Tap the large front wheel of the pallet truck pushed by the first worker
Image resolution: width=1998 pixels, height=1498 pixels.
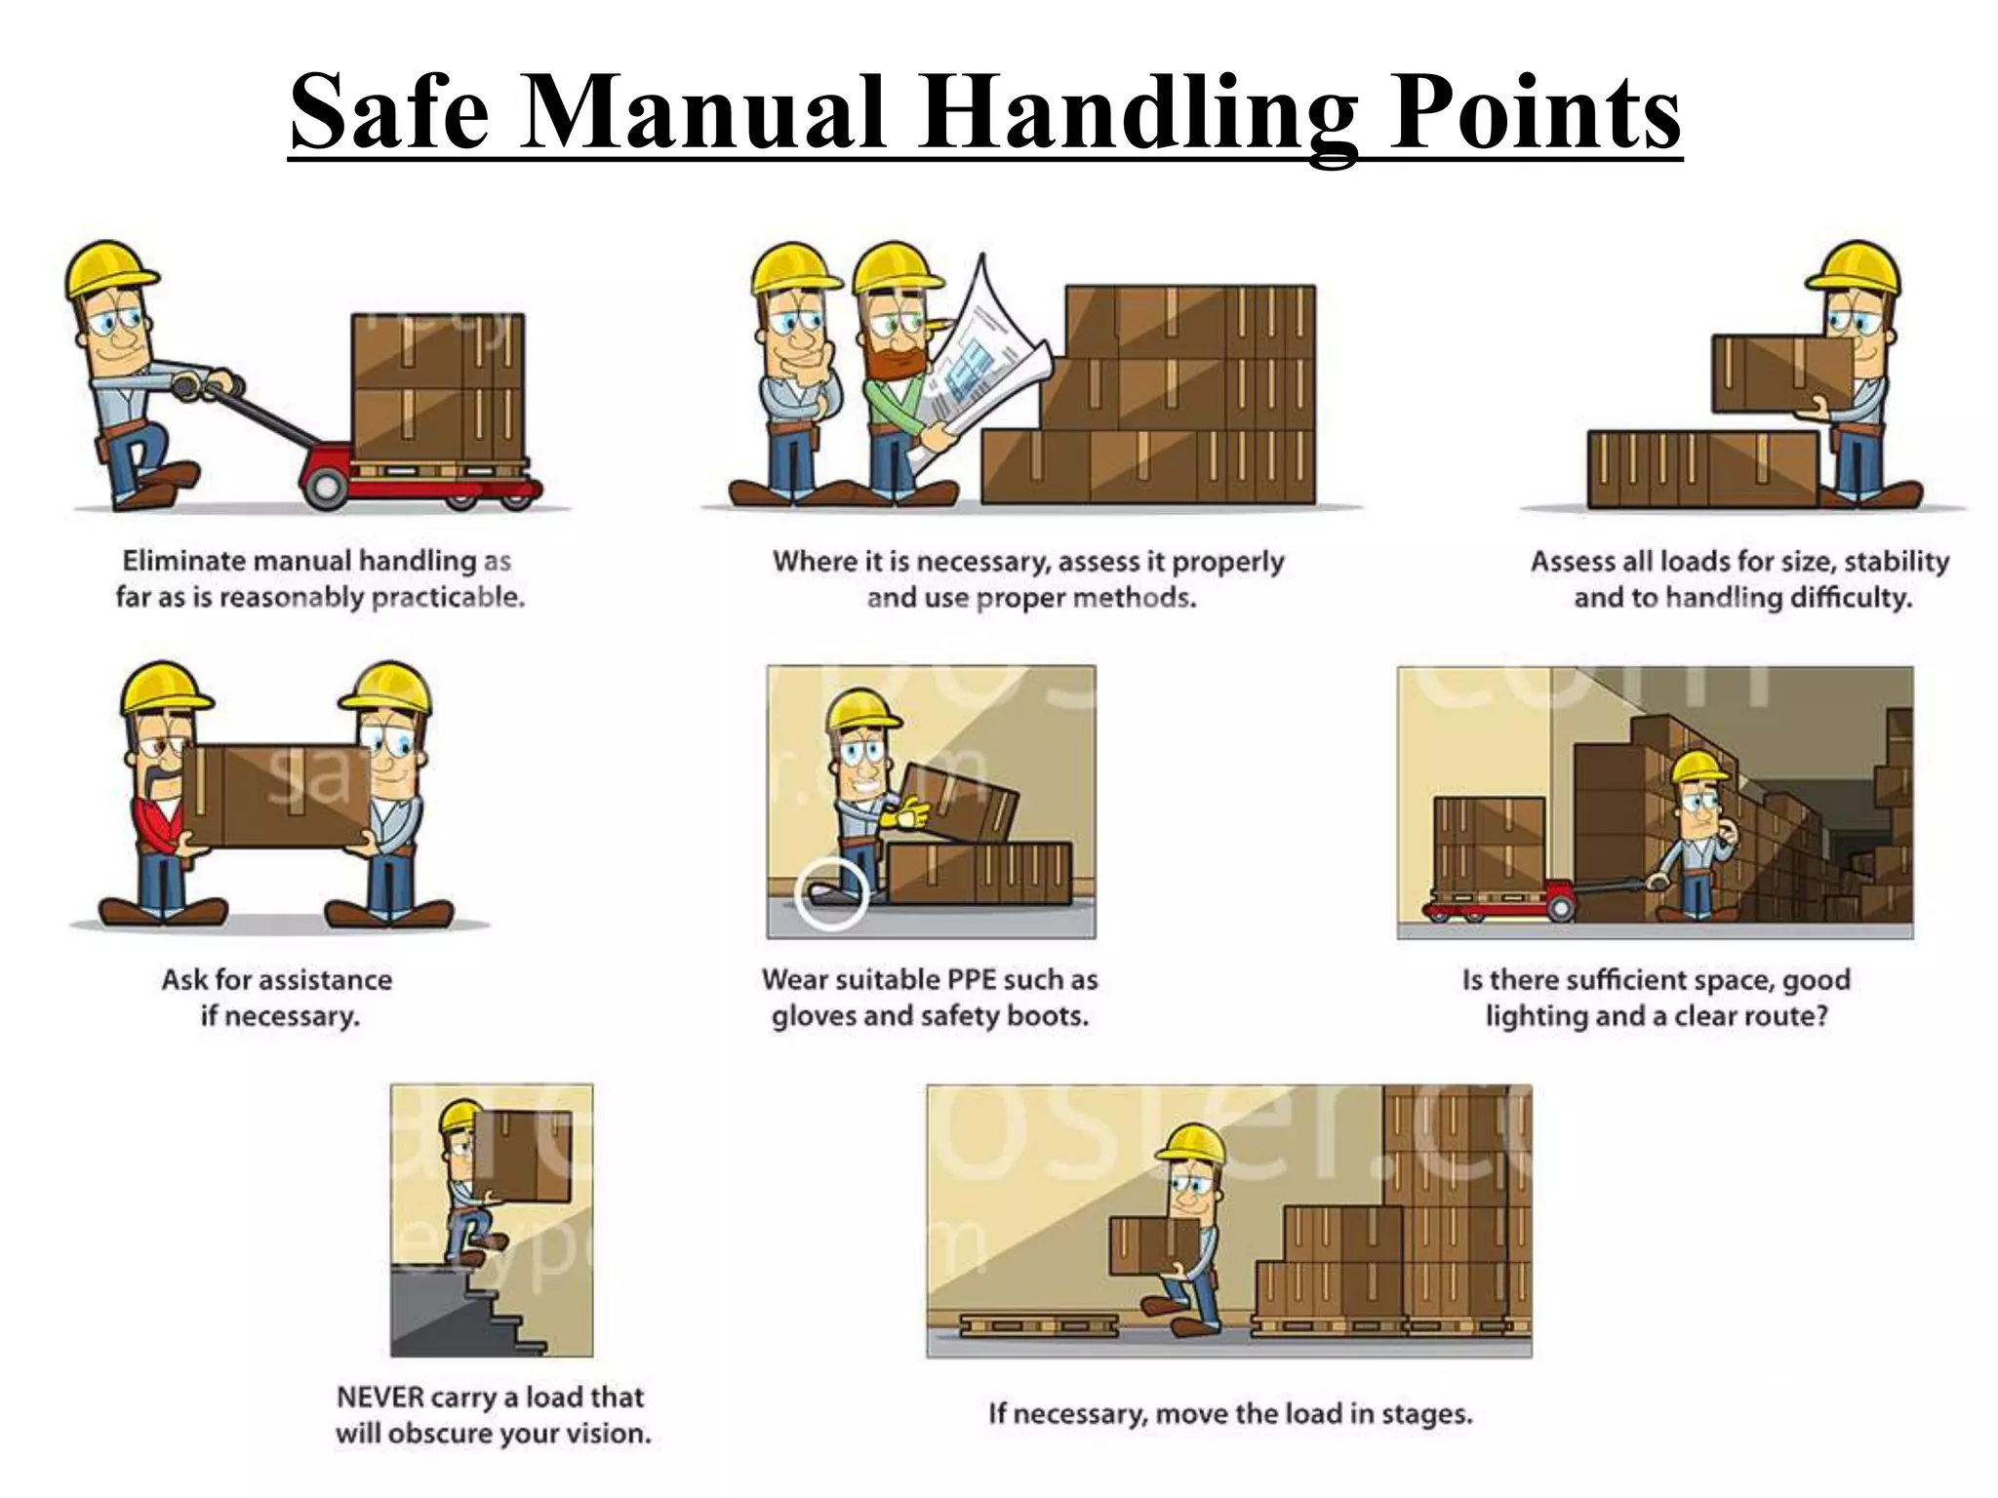point(326,485)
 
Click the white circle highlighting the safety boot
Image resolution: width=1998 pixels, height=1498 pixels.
point(831,893)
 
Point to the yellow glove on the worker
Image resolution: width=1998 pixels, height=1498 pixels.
point(907,812)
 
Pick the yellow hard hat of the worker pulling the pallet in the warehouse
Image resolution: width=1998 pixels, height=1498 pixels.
point(1698,768)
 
